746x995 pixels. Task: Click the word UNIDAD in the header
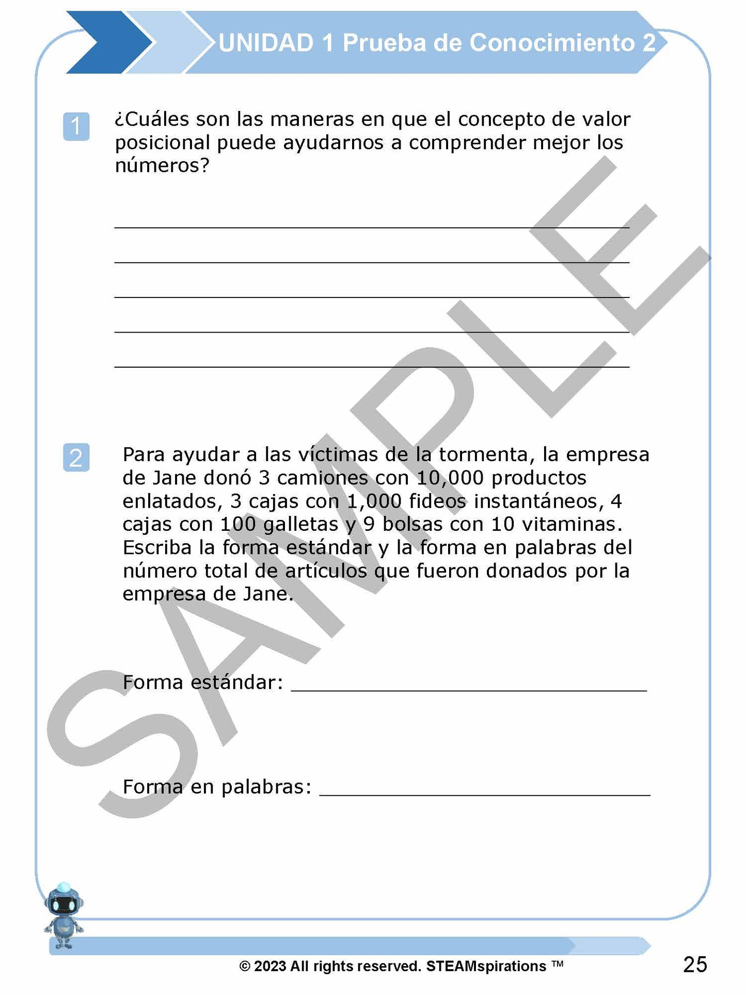click(x=266, y=43)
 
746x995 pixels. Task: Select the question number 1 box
click(x=76, y=126)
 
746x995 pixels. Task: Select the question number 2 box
click(x=76, y=457)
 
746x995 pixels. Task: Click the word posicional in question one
click(x=162, y=143)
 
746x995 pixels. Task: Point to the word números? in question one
click(x=162, y=166)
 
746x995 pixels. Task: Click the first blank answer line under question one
click(x=372, y=227)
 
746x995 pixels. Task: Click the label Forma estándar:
click(x=203, y=683)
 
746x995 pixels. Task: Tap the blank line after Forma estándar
click(x=469, y=689)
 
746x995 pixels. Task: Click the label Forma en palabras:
click(x=217, y=787)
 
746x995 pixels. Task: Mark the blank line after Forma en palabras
click(x=485, y=795)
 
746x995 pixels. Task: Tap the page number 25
click(x=695, y=965)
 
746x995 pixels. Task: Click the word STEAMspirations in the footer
click(x=486, y=966)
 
